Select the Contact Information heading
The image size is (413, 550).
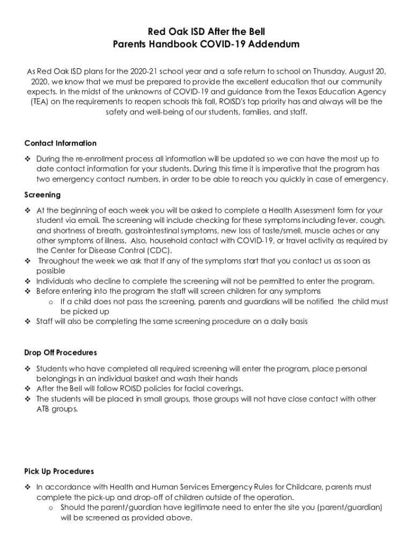point(61,143)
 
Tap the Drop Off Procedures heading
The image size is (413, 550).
point(61,353)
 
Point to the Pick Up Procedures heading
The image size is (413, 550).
point(59,471)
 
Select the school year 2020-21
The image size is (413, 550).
point(138,71)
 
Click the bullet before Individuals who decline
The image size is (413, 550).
point(27,281)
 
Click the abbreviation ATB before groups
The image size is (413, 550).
point(44,409)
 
